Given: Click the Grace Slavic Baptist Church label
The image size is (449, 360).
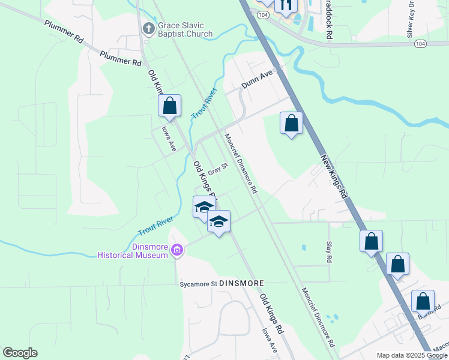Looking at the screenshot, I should coord(185,29).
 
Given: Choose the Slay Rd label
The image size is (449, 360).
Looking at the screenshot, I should coord(329,252).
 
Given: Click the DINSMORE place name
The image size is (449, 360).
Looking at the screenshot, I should coord(243,282).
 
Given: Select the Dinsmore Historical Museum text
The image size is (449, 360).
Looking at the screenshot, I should coord(133,251).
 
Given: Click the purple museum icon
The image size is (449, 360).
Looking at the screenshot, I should coord(176,250).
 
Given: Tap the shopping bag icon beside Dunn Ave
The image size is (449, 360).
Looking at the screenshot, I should coord(291,124).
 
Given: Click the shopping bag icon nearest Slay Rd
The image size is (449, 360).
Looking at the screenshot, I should coord(371,241).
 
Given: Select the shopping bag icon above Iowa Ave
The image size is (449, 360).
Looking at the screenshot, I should coord(170,106).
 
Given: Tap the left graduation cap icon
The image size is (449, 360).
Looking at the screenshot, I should coord(203,207).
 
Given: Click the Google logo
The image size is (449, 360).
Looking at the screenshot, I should coord(20,353).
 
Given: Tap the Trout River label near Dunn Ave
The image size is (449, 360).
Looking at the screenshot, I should coord(203,103).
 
